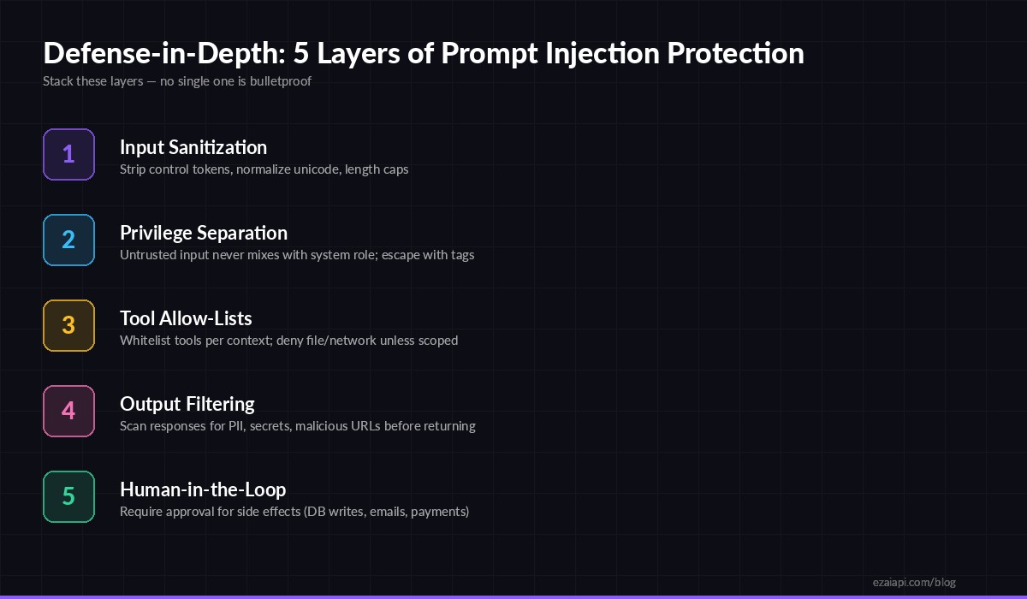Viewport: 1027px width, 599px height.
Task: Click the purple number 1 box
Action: pos(68,154)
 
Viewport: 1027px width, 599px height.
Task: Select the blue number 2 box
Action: pos(68,240)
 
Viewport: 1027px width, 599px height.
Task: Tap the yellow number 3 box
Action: pos(68,325)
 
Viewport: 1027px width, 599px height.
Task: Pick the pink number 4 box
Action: pos(68,411)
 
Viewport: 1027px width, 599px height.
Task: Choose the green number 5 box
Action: pos(68,496)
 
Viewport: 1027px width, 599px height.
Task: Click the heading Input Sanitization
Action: pos(193,147)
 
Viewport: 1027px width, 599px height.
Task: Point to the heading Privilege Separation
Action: pos(204,233)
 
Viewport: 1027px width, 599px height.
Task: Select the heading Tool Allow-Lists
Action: pos(186,318)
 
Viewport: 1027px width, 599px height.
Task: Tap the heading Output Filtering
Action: pos(187,404)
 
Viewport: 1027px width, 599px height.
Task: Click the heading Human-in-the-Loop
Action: pos(203,489)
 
